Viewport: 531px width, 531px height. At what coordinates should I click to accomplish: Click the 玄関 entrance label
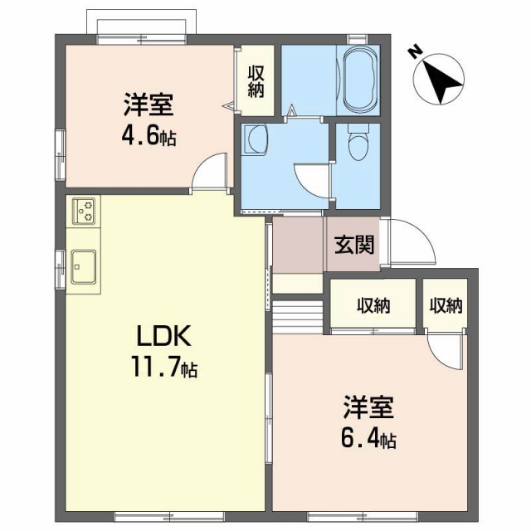[353, 245]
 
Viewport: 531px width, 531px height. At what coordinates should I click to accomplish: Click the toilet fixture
[357, 144]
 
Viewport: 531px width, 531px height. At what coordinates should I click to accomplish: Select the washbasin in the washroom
[256, 139]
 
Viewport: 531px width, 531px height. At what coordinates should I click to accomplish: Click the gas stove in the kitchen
[84, 212]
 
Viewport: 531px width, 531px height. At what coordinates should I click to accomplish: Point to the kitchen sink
[84, 266]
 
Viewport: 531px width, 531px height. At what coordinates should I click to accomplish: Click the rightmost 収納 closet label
[446, 305]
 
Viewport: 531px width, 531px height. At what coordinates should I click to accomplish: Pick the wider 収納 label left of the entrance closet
[373, 305]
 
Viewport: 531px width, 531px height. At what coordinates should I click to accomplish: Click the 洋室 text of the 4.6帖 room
[149, 105]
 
